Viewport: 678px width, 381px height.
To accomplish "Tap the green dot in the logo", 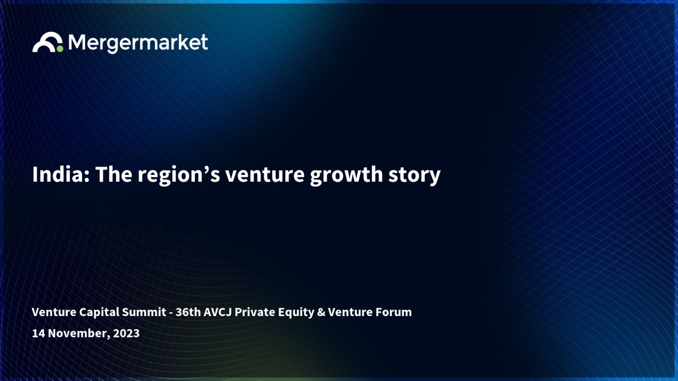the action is click(x=60, y=49).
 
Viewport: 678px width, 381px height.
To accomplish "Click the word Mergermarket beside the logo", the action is click(x=138, y=43).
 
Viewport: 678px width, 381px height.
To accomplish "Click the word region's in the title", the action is click(x=179, y=176).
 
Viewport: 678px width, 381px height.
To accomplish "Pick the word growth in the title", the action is click(x=346, y=176).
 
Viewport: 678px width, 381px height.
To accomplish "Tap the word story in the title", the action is click(x=414, y=176).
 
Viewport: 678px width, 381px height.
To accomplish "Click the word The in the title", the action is click(x=114, y=174).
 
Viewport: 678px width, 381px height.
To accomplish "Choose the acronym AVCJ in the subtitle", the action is click(x=218, y=312).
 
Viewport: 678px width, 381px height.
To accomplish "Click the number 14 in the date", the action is click(x=38, y=333).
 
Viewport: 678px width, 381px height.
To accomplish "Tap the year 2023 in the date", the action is click(x=126, y=333).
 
